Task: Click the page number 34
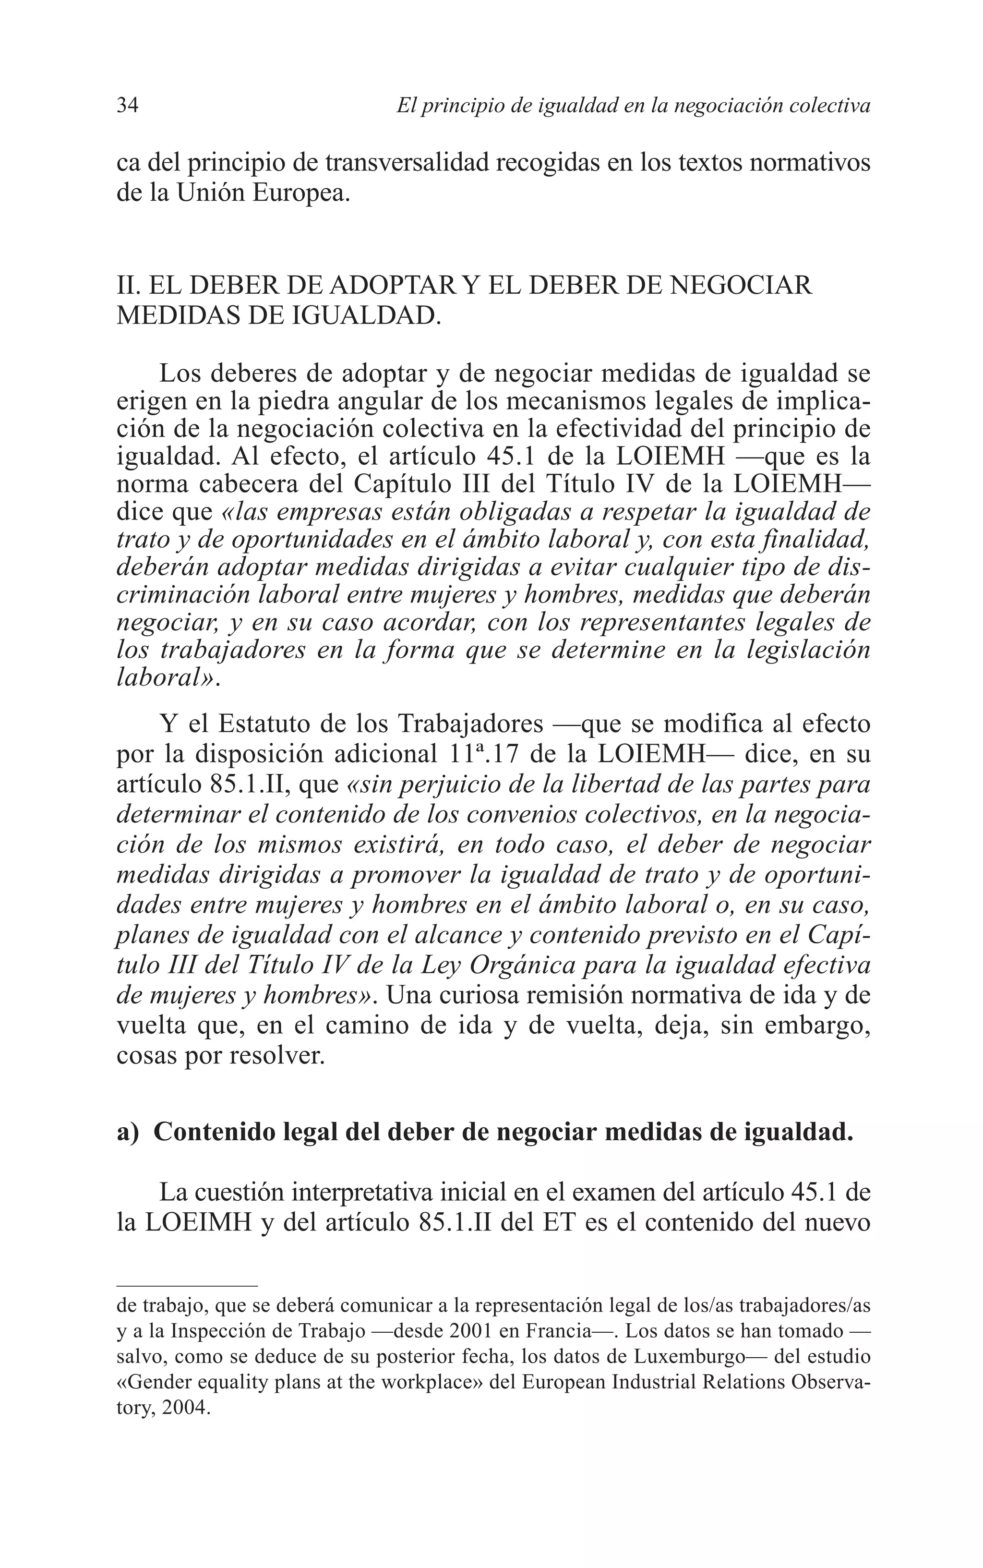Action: pos(127,105)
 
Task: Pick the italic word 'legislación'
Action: pos(803,650)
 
